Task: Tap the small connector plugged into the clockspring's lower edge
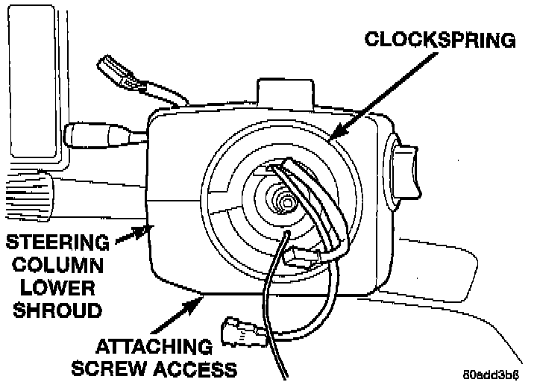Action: [x=303, y=258]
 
